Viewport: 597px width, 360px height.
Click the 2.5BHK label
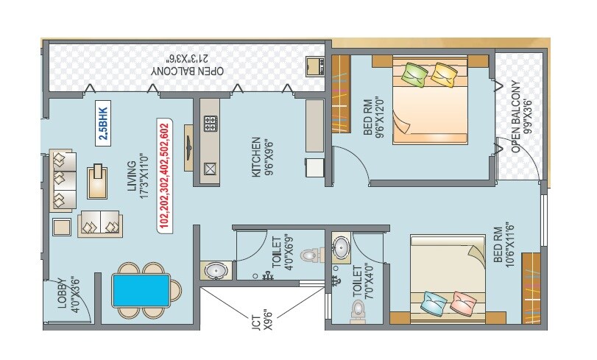(x=102, y=121)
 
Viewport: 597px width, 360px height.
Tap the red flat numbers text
(x=164, y=175)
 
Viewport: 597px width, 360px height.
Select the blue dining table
(x=141, y=291)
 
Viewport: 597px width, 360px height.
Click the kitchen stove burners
(x=209, y=124)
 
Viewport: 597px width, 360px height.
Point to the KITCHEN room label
(x=256, y=156)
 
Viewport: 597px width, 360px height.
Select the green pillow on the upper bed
(x=414, y=74)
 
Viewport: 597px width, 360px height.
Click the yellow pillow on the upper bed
(x=443, y=74)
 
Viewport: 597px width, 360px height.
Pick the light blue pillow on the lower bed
(x=434, y=302)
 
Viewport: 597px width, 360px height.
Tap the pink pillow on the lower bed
(x=464, y=302)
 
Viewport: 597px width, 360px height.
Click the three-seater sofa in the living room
(x=63, y=180)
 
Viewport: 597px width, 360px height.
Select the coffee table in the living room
(x=96, y=182)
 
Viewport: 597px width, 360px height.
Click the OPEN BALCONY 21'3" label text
(x=188, y=65)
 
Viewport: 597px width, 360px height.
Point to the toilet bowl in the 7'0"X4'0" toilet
(x=358, y=308)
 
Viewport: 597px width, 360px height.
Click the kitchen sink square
(x=210, y=169)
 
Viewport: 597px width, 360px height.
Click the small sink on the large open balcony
(x=316, y=66)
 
